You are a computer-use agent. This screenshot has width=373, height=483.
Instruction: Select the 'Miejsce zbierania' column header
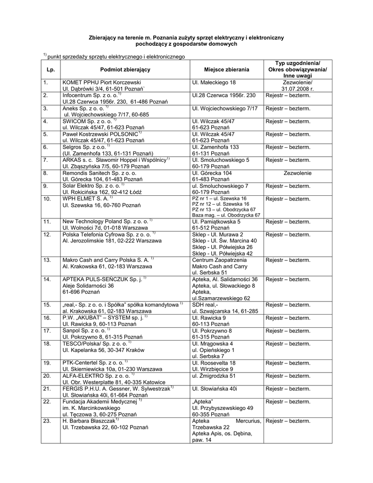(x=226, y=69)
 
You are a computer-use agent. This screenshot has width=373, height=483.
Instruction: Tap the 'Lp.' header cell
(x=51, y=69)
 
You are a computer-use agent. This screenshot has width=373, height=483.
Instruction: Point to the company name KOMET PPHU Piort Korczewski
(x=99, y=83)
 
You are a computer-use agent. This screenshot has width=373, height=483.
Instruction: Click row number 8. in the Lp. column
(x=46, y=173)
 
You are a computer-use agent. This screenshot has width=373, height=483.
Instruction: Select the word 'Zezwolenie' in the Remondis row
(x=297, y=173)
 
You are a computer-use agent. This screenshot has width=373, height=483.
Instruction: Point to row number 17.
(x=46, y=331)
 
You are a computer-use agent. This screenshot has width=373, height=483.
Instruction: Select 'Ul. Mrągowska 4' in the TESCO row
(x=213, y=344)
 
